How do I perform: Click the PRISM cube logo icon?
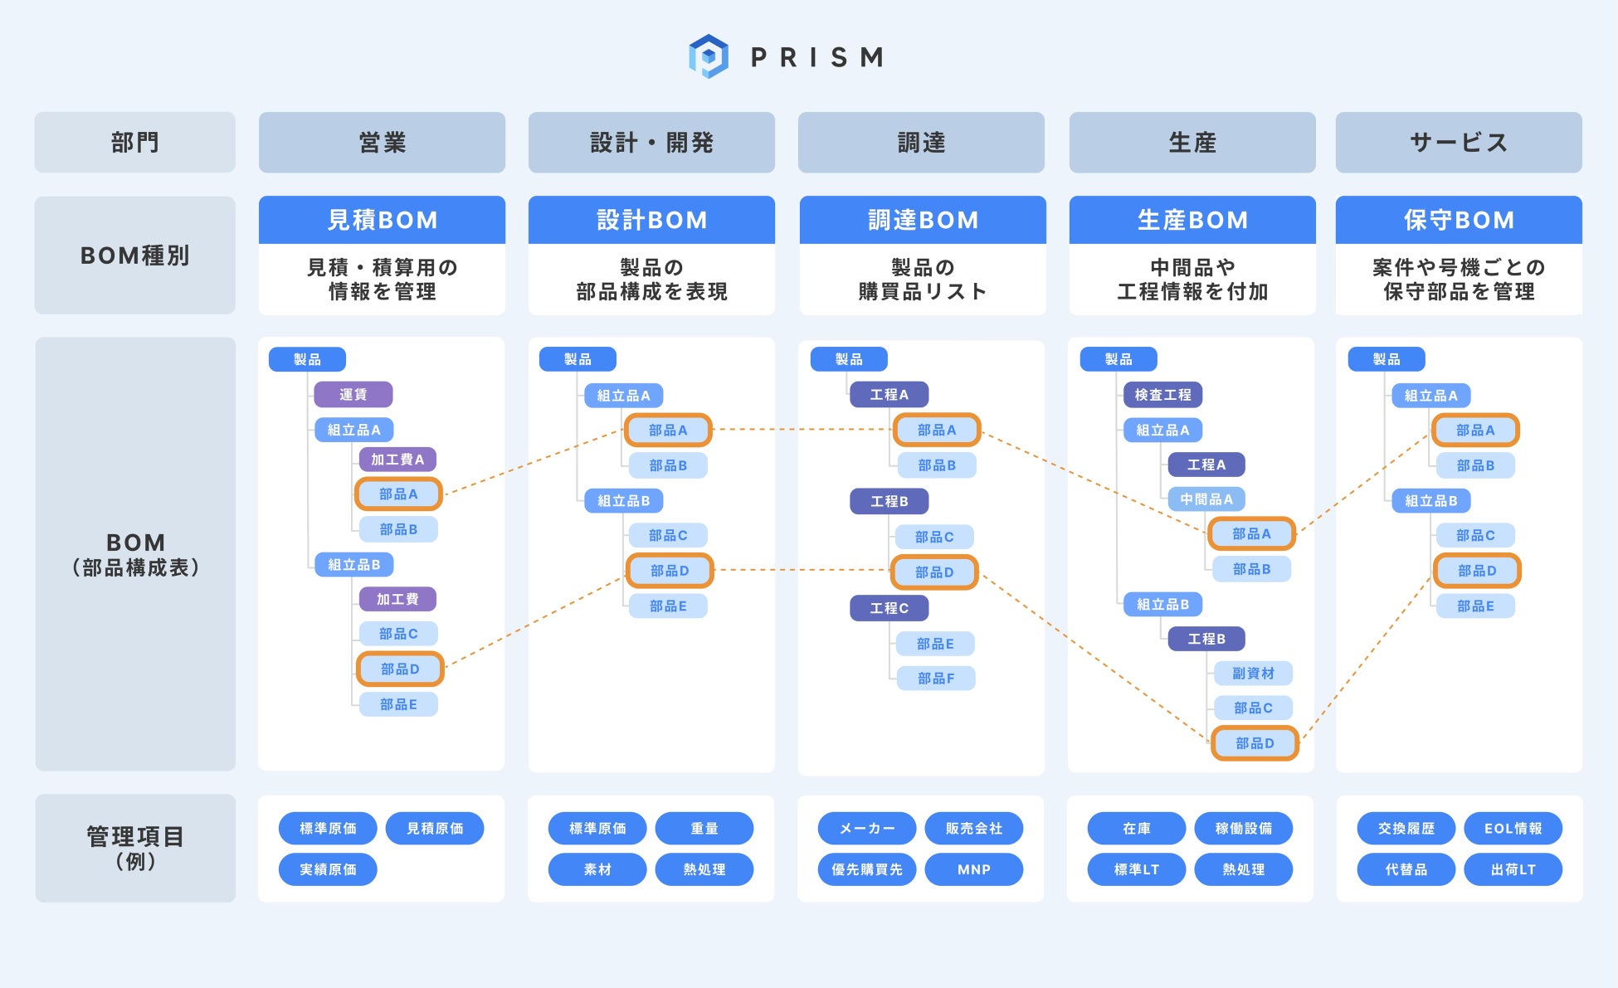(x=708, y=56)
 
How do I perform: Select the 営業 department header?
(x=382, y=143)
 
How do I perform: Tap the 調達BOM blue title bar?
(x=922, y=220)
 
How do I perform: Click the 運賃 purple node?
(x=353, y=395)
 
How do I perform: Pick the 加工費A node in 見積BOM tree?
(x=397, y=460)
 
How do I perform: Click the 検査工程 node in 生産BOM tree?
(x=1162, y=395)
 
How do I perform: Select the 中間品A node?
(x=1206, y=499)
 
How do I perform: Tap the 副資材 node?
(x=1252, y=674)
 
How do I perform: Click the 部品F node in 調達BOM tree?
(x=935, y=679)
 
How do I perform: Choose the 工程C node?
(x=889, y=608)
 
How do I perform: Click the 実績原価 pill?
(x=328, y=869)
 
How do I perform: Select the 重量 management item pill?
(x=704, y=829)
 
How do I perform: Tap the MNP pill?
(x=973, y=869)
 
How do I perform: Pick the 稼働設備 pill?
(x=1243, y=829)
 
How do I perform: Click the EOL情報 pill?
(x=1513, y=829)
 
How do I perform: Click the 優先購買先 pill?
(x=866, y=869)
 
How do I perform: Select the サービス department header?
(x=1458, y=143)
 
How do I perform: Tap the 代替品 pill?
(x=1406, y=869)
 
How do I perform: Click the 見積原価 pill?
(x=435, y=829)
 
